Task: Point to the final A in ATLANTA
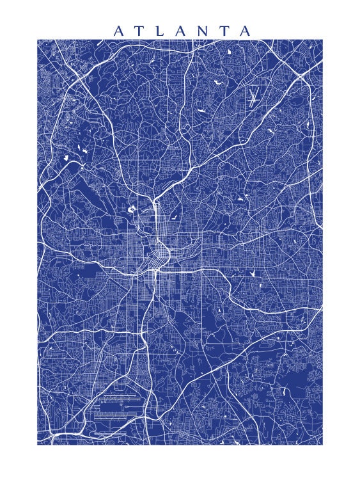pos(245,31)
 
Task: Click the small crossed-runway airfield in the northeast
pos(254,98)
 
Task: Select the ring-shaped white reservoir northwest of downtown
pos(132,209)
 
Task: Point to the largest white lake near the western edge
pos(65,157)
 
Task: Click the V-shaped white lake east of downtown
pos(254,273)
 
